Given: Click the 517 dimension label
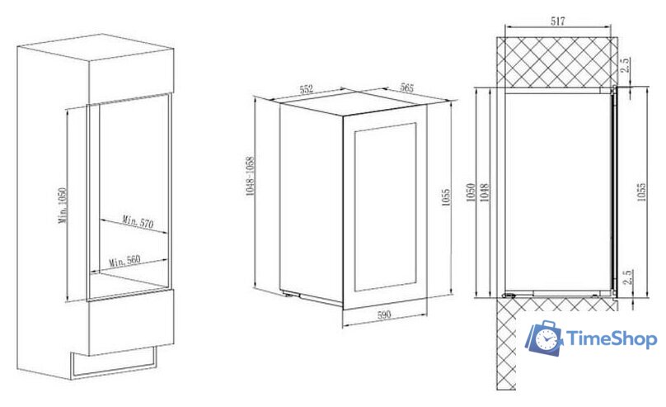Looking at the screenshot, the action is (x=558, y=21).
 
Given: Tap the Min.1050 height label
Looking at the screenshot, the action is (x=63, y=206).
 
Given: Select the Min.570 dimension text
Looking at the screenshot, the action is (x=138, y=221).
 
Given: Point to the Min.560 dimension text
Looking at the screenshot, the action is (x=124, y=260).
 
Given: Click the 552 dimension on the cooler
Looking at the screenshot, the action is (x=307, y=89).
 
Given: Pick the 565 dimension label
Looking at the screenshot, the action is (x=406, y=88).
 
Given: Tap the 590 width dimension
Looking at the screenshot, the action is (x=383, y=315).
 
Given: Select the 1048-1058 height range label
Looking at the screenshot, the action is (x=251, y=176).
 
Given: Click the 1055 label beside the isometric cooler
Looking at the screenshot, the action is (x=446, y=197).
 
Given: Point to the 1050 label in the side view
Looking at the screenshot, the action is (x=470, y=192).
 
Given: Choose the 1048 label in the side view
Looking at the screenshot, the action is (x=485, y=192).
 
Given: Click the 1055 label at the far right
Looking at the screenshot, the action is (x=641, y=192).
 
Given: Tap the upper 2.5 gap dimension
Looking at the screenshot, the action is (x=625, y=64).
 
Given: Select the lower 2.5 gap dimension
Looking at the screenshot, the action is (x=630, y=277).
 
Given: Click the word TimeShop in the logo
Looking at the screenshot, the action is (x=612, y=339).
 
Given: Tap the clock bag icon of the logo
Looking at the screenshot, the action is (x=544, y=338).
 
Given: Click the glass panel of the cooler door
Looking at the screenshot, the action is (x=385, y=207).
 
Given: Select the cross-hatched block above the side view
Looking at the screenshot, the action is (x=557, y=62).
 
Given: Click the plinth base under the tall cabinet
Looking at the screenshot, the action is (x=114, y=363).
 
